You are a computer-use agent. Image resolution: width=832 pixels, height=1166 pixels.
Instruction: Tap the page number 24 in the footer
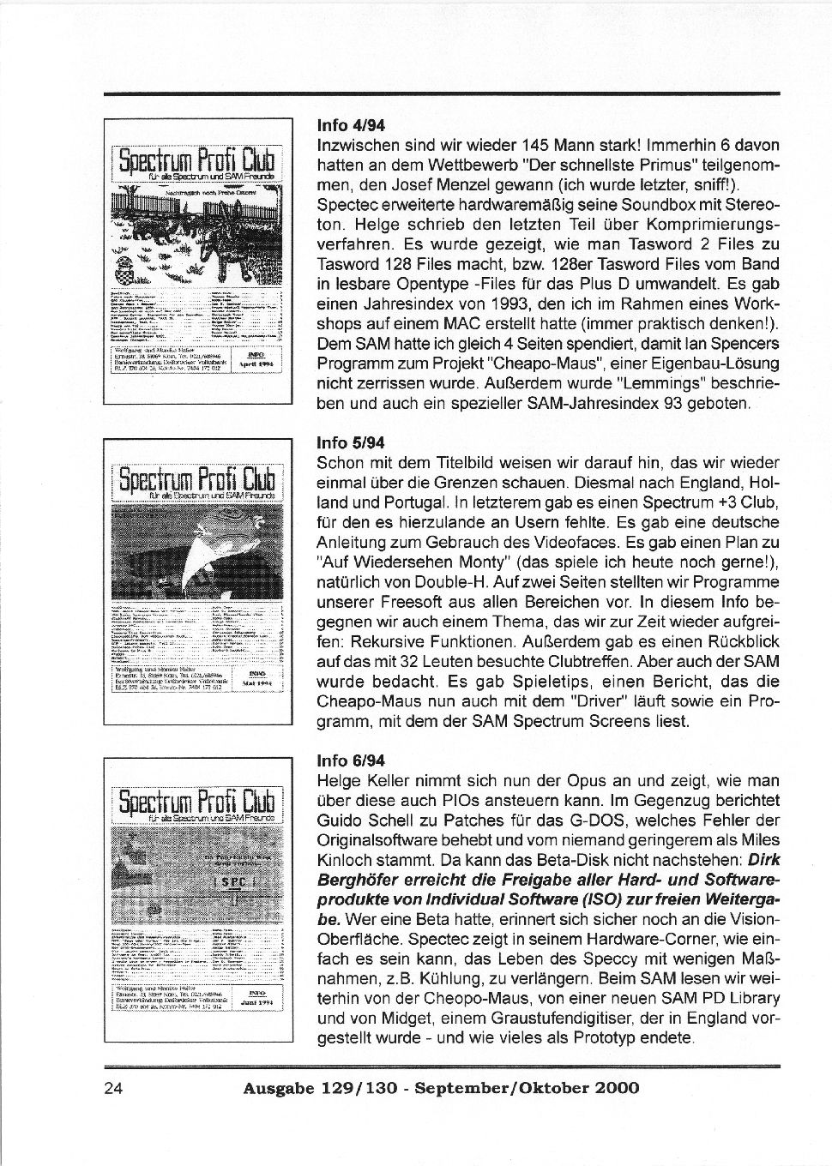(113, 1088)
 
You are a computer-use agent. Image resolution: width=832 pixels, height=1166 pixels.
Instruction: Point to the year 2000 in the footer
(615, 1088)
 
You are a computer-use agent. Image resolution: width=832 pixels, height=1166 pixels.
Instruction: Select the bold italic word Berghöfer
(355, 880)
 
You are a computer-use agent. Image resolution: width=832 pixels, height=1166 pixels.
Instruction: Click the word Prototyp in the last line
(564, 1038)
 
